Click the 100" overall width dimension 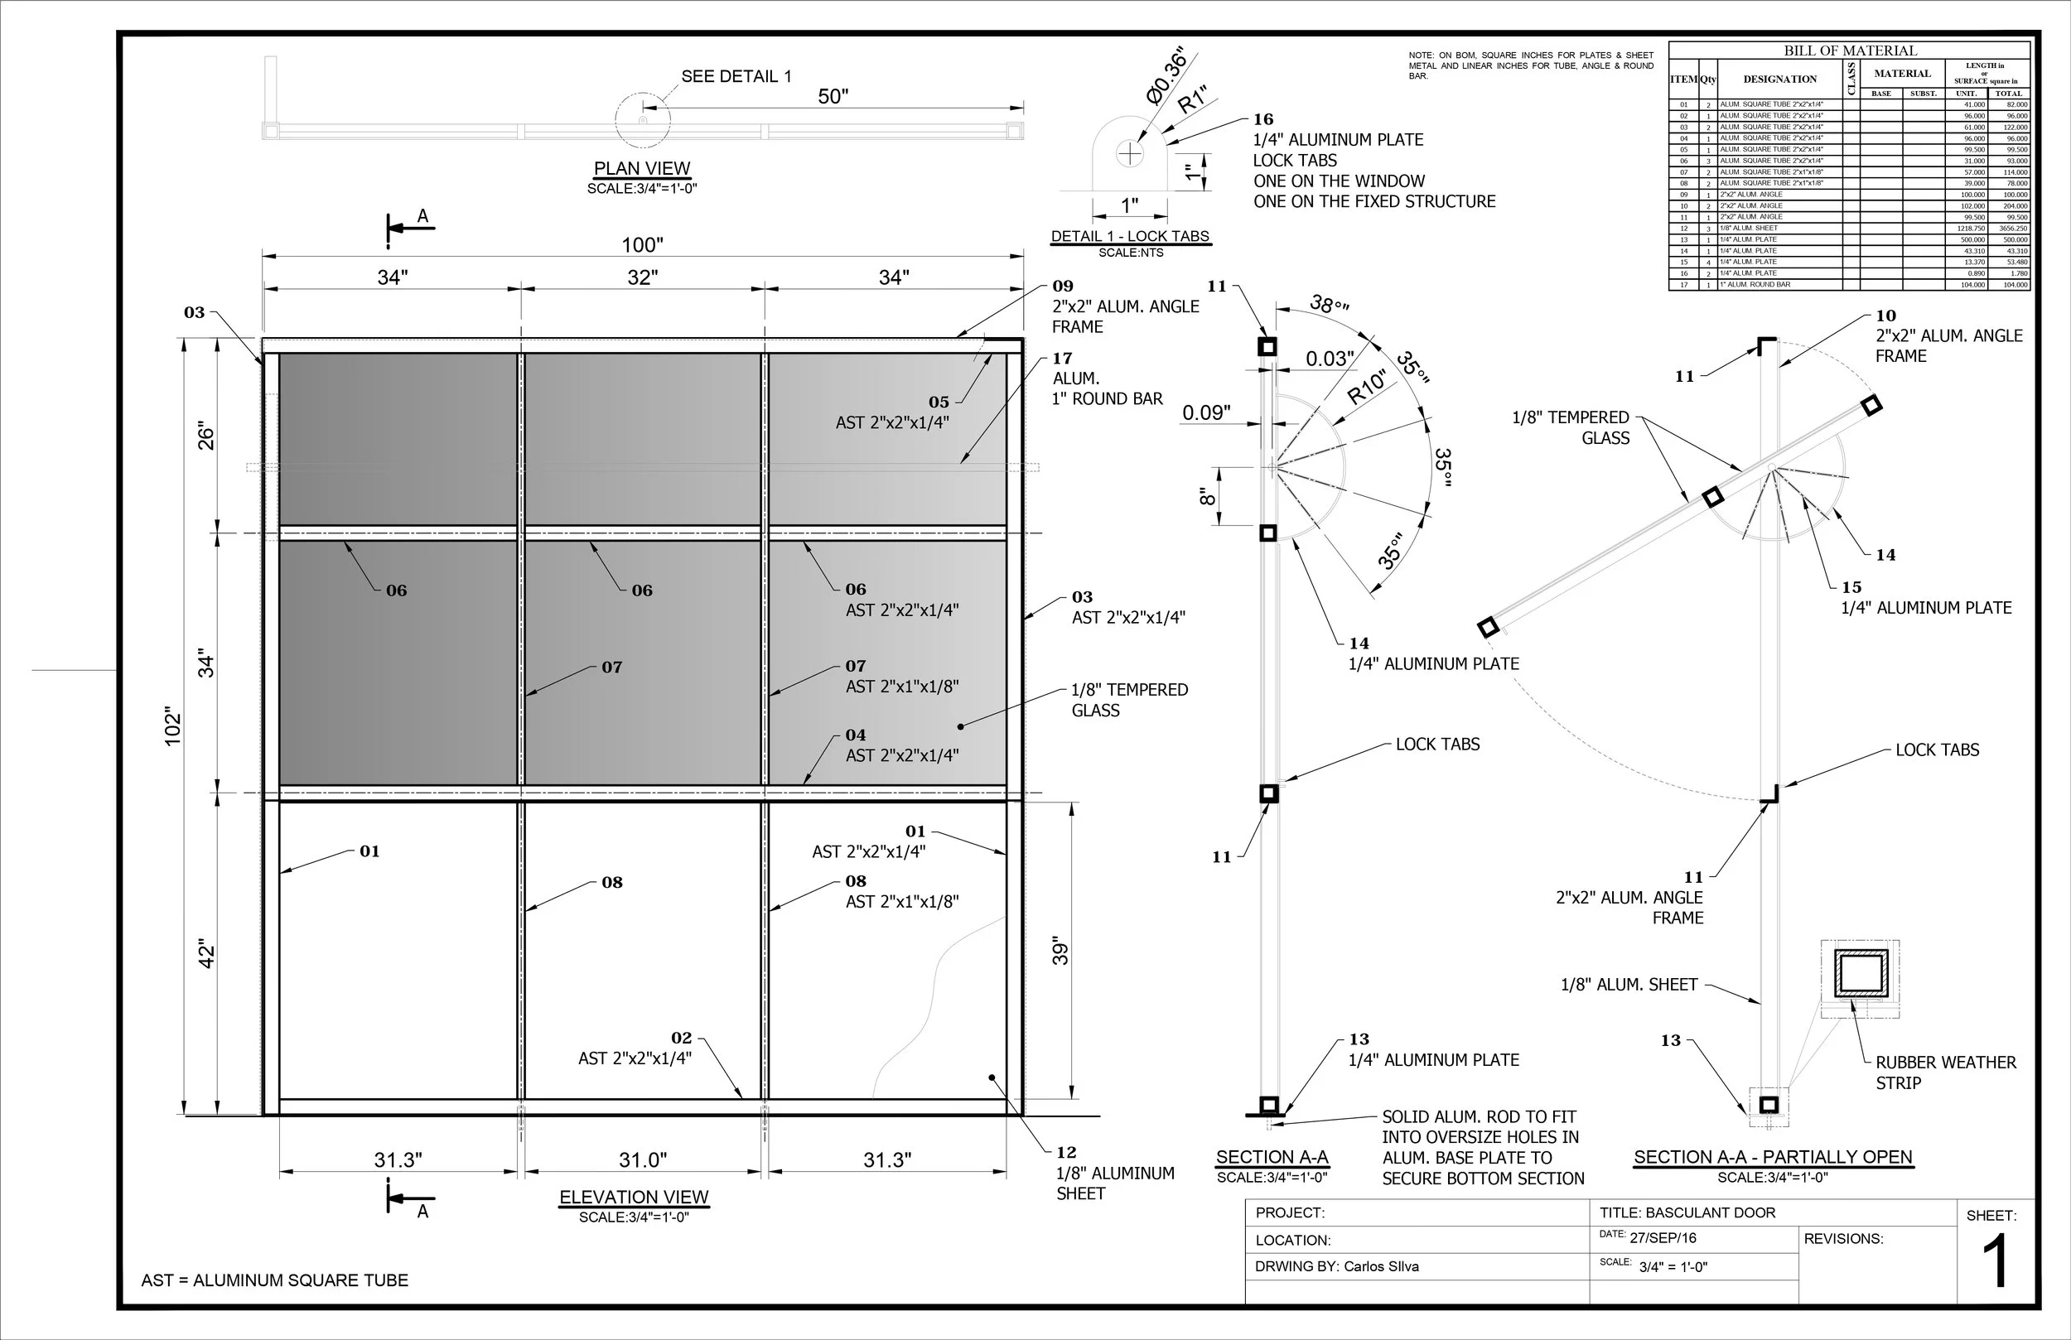[642, 244]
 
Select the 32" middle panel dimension [642, 277]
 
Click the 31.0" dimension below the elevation [642, 1160]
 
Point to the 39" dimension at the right [1060, 951]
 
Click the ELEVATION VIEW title [634, 1198]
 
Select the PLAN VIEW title [641, 169]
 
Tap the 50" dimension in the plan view [833, 97]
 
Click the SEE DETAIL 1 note [736, 76]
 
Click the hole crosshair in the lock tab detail [1129, 154]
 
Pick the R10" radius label [1366, 388]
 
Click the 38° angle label [1329, 305]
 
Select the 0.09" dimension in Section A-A [1206, 412]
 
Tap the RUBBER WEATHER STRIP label [1945, 1072]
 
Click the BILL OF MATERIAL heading [1850, 51]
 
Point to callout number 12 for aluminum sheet [1066, 1152]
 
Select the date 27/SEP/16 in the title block [1662, 1238]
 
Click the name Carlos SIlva [1381, 1266]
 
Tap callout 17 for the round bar [1062, 358]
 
